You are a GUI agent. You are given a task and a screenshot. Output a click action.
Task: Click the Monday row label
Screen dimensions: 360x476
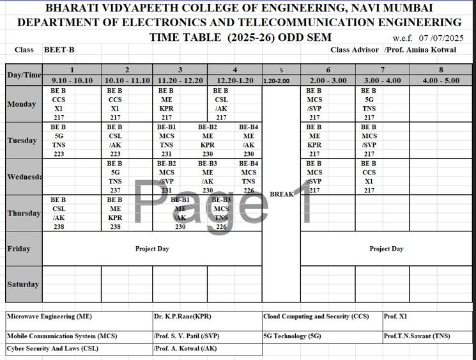pos(22,104)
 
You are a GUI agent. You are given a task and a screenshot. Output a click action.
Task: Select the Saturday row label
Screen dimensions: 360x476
pos(22,285)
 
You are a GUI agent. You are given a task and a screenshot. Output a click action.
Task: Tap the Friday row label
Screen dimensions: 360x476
pos(19,249)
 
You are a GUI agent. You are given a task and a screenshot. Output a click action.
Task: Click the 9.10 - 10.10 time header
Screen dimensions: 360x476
pos(72,81)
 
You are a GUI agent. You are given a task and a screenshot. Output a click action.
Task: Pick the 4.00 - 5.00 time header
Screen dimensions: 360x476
pos(440,81)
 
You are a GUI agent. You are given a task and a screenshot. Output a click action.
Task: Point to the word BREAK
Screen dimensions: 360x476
pos(281,194)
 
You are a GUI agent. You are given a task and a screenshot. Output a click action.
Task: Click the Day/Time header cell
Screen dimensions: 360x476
pos(24,75)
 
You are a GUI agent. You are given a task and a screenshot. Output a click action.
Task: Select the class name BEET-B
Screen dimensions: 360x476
pos(59,50)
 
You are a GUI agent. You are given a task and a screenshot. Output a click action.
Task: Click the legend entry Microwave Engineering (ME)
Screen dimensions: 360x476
pos(50,317)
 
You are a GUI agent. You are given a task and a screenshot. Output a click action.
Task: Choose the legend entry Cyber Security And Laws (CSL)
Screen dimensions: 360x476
pos(52,349)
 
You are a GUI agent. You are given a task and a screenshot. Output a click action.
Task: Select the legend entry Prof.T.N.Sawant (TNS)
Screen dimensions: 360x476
pos(417,336)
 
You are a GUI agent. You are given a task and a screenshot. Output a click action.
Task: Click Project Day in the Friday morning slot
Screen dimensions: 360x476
pos(152,249)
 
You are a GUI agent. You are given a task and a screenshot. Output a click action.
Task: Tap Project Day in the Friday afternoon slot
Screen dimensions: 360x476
pos(387,249)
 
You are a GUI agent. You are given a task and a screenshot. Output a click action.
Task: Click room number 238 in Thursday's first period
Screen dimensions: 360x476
pos(59,226)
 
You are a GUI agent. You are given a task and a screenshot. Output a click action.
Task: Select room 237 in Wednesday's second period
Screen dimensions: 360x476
pos(115,190)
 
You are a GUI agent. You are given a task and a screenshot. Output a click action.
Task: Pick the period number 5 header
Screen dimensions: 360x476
pos(281,70)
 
